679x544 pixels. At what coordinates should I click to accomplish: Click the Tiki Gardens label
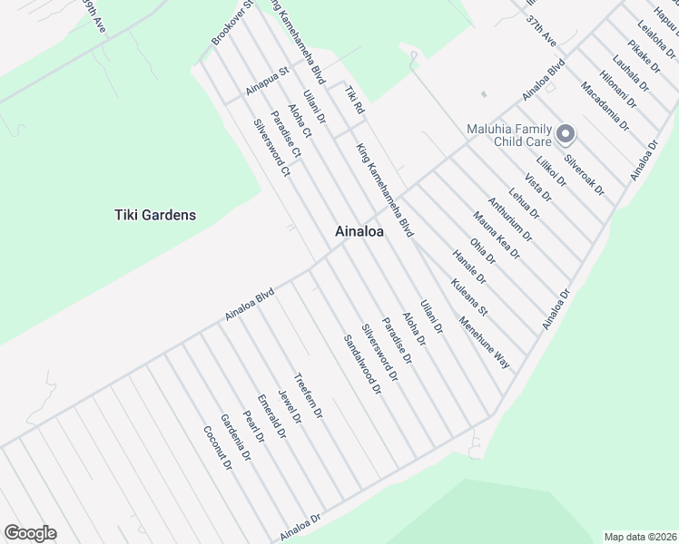155,215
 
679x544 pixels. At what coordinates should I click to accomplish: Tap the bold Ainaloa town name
359,231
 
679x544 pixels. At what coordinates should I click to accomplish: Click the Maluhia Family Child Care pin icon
566,135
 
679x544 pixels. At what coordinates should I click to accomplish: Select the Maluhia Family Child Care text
508,135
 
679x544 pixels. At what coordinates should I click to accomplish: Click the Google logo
30,533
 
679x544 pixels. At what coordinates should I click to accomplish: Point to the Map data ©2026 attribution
641,537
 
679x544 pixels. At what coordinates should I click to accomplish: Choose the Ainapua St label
267,80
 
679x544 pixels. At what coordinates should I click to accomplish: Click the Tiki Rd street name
354,100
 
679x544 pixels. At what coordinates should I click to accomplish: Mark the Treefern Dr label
308,395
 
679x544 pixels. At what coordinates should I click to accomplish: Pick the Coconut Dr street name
217,448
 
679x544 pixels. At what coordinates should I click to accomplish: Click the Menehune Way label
484,341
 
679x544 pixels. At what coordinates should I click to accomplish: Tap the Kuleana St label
469,296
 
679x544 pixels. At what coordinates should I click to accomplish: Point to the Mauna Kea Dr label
496,235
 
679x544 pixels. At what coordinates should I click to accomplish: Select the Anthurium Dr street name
509,219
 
